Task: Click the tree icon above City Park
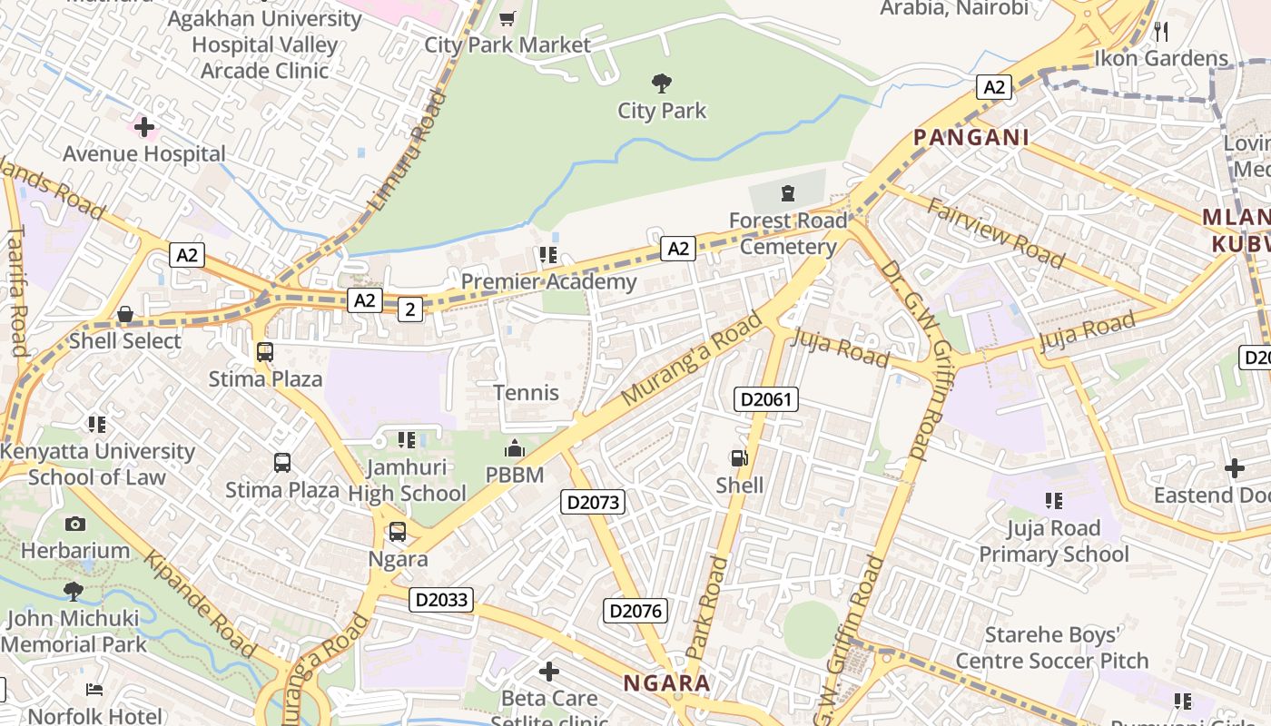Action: pos(662,83)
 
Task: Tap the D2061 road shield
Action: pos(765,399)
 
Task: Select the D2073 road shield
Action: pos(593,502)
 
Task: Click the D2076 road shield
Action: pos(635,611)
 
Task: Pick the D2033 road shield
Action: pos(441,599)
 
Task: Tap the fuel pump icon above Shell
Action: pos(740,459)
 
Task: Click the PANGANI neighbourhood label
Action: pos(970,138)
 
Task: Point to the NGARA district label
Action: pos(666,683)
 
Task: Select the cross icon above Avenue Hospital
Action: pos(144,127)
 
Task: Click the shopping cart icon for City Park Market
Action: pos(507,18)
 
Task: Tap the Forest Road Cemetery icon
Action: pos(787,193)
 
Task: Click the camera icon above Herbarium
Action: pos(75,524)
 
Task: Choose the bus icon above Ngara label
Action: pos(398,532)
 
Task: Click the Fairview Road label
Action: pos(995,233)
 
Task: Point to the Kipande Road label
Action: pos(200,605)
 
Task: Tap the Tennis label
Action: pos(526,393)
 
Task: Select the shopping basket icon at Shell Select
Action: pos(125,315)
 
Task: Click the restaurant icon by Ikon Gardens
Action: pos(1161,32)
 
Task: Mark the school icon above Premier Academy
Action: pos(547,255)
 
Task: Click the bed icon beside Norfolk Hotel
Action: pos(94,690)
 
